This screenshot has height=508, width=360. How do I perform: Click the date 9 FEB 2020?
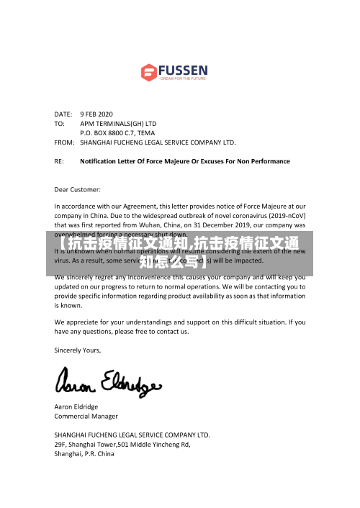coord(96,114)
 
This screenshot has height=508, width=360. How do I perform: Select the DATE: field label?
coord(63,114)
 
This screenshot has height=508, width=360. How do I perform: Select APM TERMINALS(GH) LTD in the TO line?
coord(118,123)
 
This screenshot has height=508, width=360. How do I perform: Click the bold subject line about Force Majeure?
coord(185,161)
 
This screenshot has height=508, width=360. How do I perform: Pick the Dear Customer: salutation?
coord(78,189)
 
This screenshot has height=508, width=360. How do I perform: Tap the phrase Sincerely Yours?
coord(78,350)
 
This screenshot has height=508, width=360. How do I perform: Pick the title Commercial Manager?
coord(86,416)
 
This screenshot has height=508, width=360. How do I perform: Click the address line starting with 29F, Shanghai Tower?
coord(122,445)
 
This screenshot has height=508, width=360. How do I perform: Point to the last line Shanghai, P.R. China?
coord(84,454)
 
